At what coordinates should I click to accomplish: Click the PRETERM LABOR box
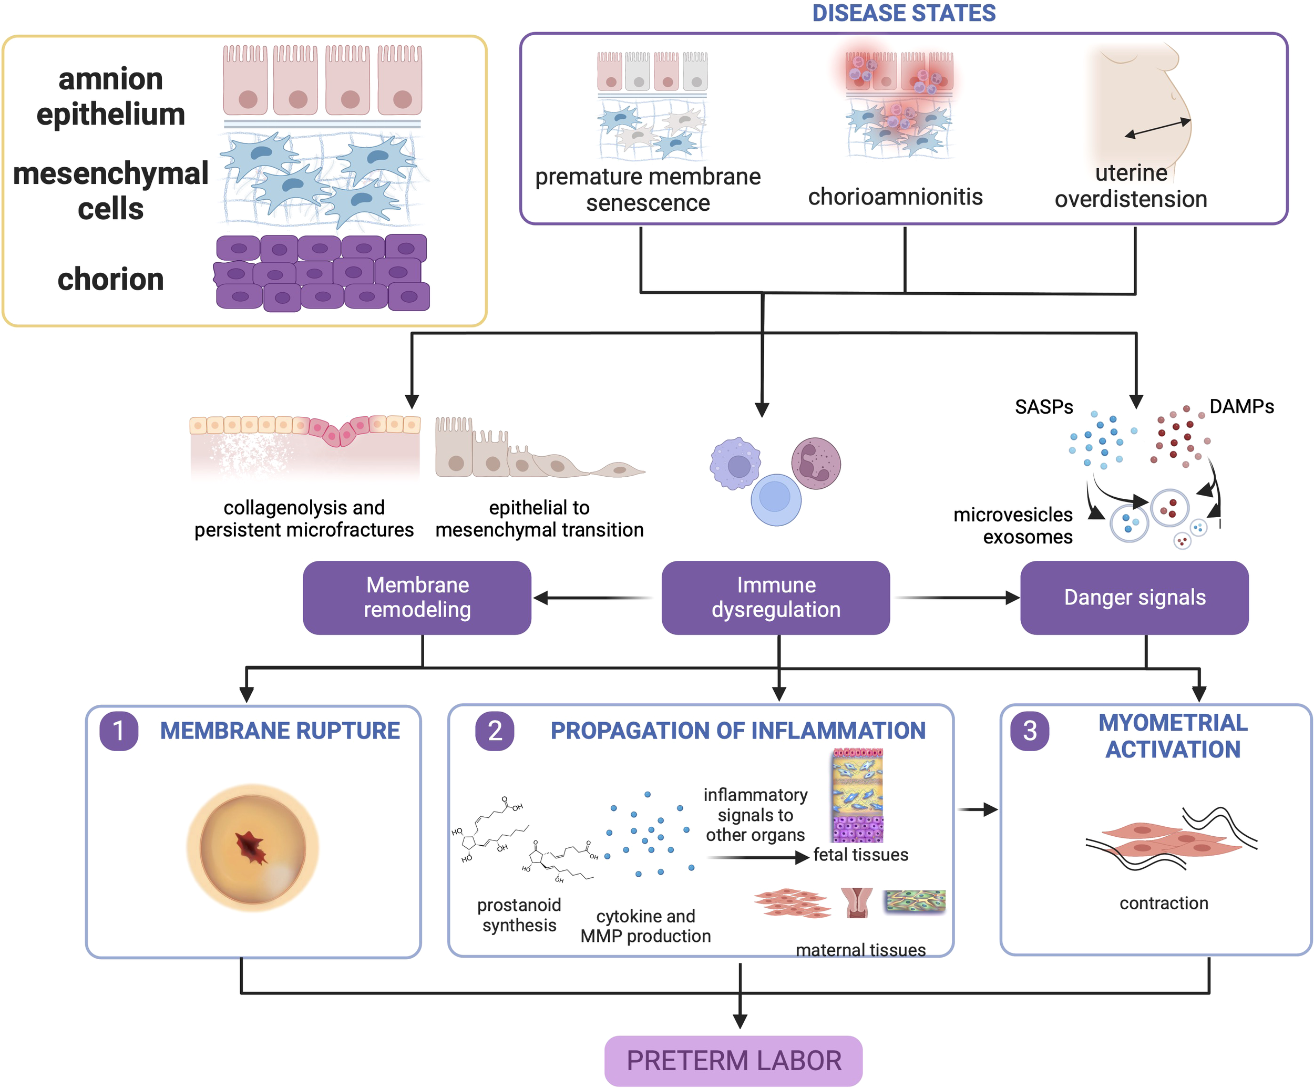(x=733, y=1061)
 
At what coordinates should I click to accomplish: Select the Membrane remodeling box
(x=417, y=598)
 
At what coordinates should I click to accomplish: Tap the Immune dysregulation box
(x=776, y=598)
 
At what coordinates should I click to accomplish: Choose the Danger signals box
(x=1134, y=598)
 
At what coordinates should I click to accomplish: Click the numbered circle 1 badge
(x=119, y=731)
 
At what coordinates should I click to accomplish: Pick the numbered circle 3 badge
(x=1030, y=731)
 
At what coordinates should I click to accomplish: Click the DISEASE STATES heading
(x=904, y=13)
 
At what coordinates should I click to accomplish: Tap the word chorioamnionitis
(x=896, y=197)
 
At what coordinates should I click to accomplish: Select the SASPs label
(x=1044, y=407)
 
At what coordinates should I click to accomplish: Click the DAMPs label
(x=1241, y=407)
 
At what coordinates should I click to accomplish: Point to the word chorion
(x=111, y=279)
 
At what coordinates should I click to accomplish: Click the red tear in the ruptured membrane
(x=252, y=848)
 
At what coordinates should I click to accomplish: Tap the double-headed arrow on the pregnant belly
(x=1157, y=128)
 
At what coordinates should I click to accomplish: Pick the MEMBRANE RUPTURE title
(x=280, y=731)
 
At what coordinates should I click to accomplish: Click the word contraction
(x=1164, y=903)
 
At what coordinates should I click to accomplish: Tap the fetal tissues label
(x=860, y=855)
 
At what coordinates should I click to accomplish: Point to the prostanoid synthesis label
(x=519, y=915)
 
